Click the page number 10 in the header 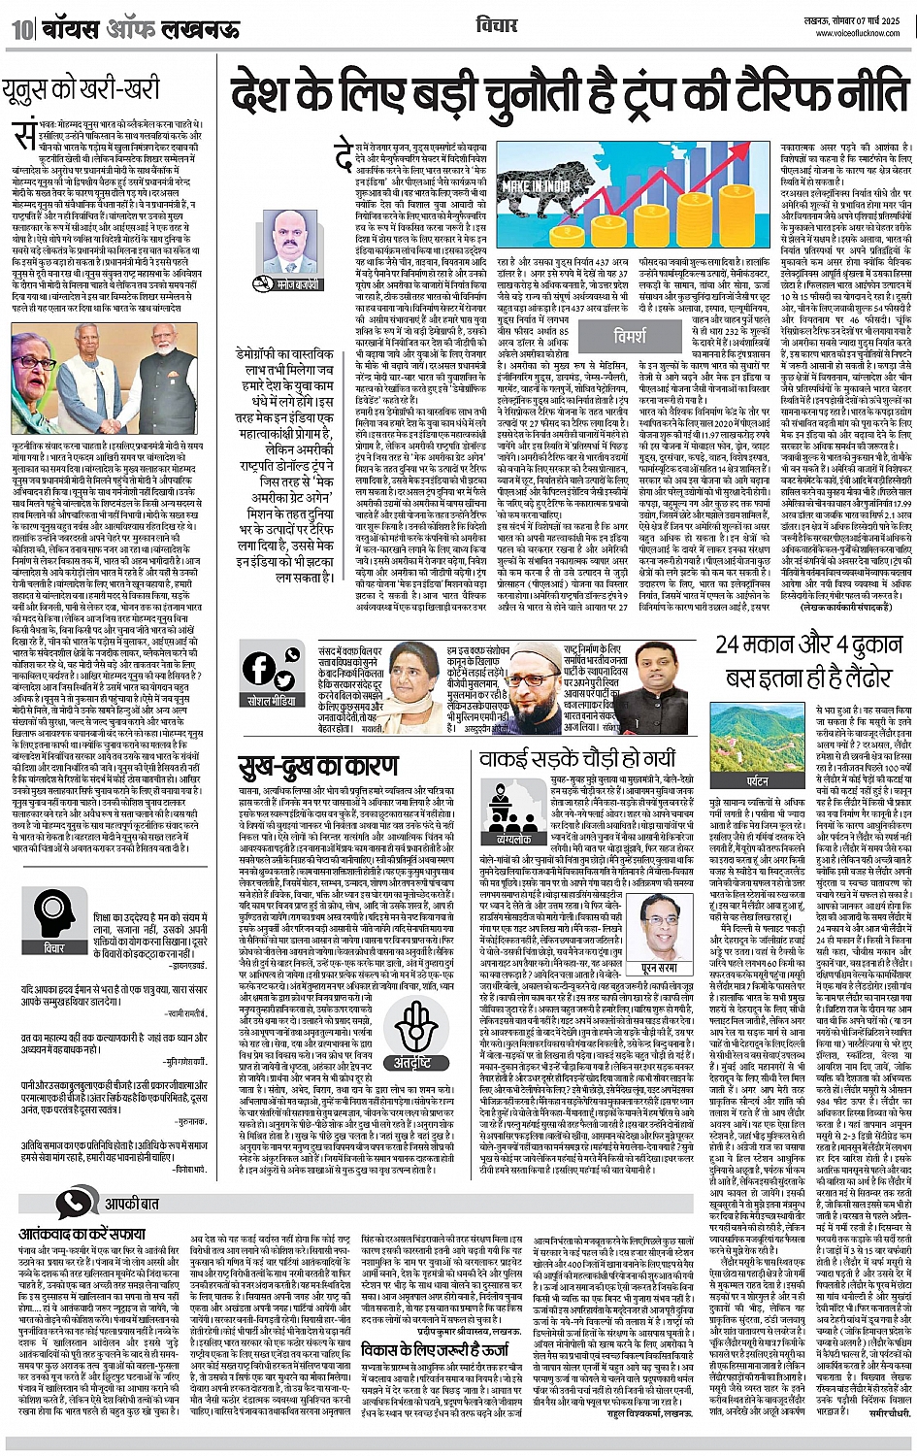[22, 28]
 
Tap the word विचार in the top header [498, 23]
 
